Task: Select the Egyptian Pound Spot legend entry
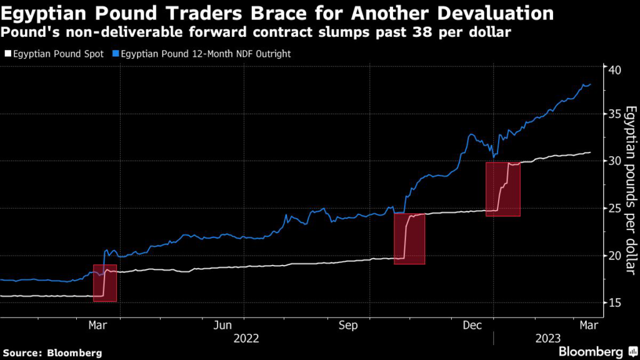[55, 54]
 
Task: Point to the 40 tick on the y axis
[616, 69]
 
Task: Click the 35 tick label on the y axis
[616, 114]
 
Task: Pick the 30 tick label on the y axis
[616, 161]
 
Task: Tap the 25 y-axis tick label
[616, 208]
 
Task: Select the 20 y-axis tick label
[616, 256]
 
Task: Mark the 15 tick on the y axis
[616, 303]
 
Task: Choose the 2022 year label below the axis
[246, 338]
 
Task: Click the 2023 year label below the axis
[547, 338]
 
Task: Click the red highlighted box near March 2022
[105, 283]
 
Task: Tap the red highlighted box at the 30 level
[502, 189]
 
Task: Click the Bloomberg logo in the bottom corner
[590, 351]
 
